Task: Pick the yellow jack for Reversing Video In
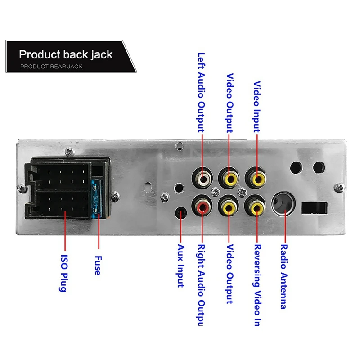[x=257, y=207]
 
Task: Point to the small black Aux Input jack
[x=181, y=212]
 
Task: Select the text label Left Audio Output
[x=202, y=92]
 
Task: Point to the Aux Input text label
[x=181, y=266]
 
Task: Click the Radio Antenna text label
[x=284, y=277]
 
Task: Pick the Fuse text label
[x=97, y=265]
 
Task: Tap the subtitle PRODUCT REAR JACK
[x=51, y=67]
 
